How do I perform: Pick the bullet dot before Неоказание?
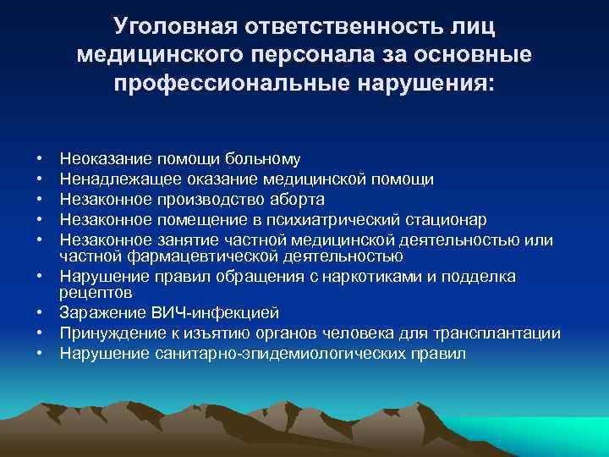[40, 158]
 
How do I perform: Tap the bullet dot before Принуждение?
[40, 333]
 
